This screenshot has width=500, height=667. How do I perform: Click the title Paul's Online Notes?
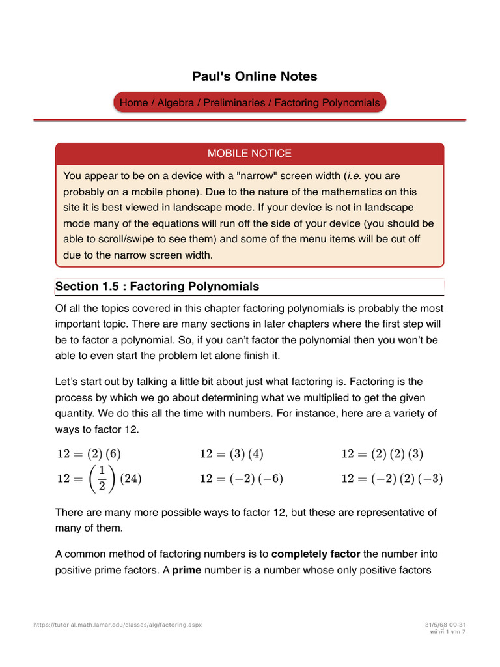click(255, 76)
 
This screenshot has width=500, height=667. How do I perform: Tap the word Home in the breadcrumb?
click(133, 103)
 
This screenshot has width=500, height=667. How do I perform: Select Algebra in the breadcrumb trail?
click(176, 103)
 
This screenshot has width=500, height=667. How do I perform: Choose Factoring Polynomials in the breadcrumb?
click(327, 103)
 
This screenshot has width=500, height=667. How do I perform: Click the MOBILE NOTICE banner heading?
click(249, 154)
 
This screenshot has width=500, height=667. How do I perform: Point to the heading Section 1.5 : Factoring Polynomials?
click(157, 287)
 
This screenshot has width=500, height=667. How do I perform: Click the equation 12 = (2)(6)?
click(89, 454)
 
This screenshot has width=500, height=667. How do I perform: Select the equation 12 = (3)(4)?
click(232, 454)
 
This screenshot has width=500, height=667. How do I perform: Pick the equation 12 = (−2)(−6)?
click(242, 479)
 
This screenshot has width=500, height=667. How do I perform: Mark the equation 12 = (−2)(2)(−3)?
click(392, 479)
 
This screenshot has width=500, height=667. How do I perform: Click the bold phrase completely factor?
click(316, 554)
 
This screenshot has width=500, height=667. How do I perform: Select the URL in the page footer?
click(118, 625)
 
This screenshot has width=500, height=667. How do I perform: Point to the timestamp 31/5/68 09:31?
click(445, 625)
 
